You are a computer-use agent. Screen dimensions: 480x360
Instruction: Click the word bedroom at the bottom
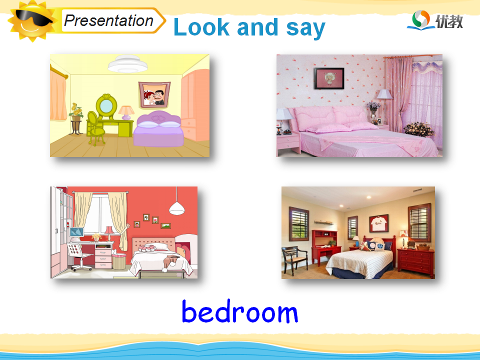[x=239, y=311]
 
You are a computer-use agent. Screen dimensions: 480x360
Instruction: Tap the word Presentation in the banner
[x=108, y=21]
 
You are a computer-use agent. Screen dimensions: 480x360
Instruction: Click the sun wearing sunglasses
[x=32, y=21]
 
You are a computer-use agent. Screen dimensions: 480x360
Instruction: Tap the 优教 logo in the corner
[x=435, y=20]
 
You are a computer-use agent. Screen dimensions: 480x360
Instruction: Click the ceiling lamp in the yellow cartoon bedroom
[x=127, y=64]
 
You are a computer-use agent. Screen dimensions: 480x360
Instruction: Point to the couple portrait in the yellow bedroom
[x=154, y=94]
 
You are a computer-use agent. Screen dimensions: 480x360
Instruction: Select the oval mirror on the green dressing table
[x=106, y=106]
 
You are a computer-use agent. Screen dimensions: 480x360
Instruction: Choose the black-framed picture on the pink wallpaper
[x=329, y=78]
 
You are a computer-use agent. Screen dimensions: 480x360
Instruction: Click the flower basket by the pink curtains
[x=419, y=129]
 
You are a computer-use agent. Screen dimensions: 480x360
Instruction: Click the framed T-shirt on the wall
[x=379, y=223]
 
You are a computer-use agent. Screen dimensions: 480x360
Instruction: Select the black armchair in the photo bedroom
[x=294, y=260]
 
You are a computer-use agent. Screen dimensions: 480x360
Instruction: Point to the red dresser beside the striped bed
[x=415, y=263]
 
